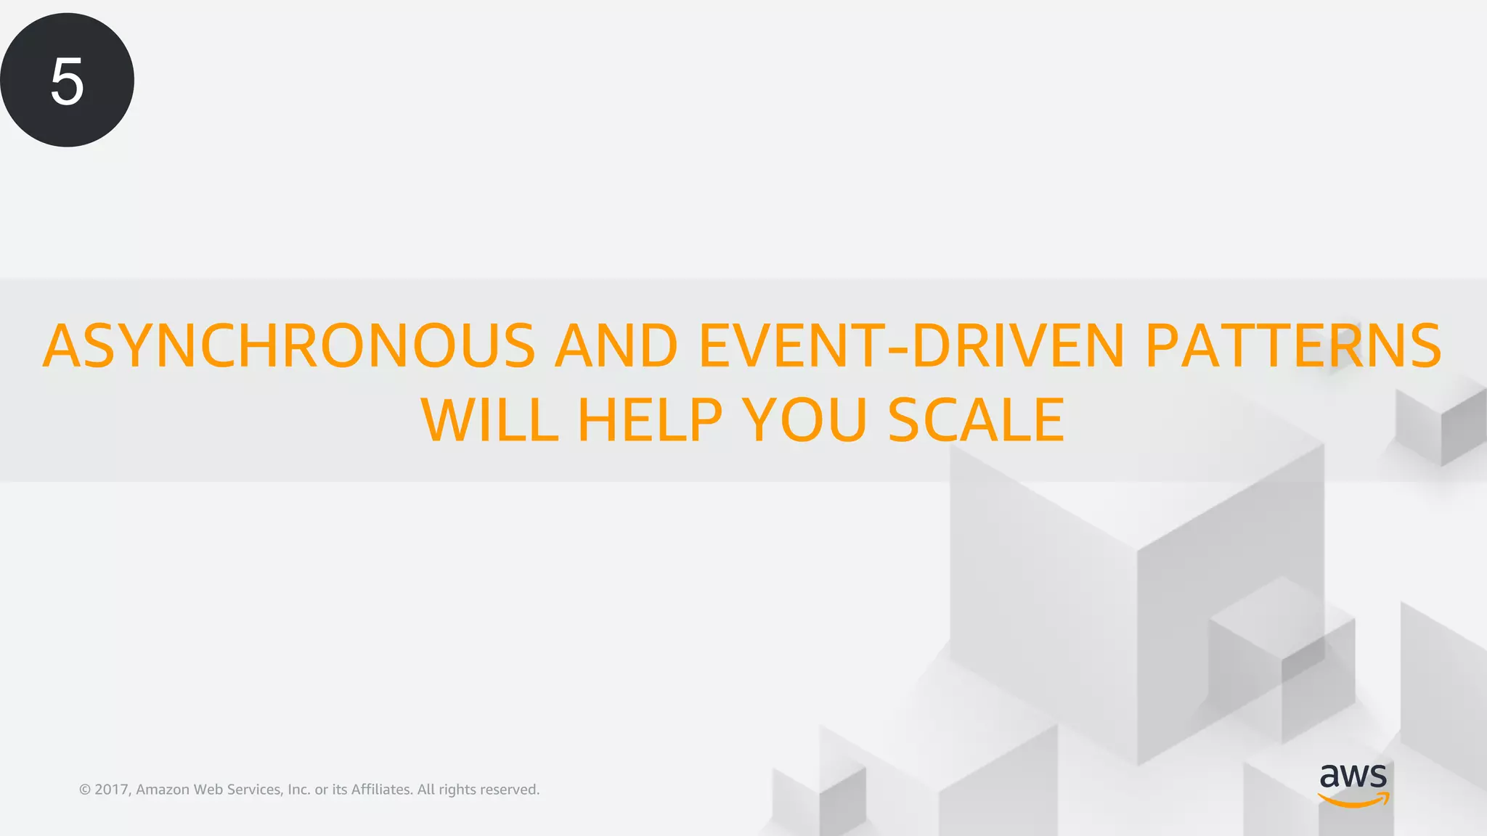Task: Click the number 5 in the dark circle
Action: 67,82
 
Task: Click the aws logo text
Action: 1353,776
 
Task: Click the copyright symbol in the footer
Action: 85,790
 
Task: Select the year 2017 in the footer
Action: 112,790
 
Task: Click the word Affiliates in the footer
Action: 382,790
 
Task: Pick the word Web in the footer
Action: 208,790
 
